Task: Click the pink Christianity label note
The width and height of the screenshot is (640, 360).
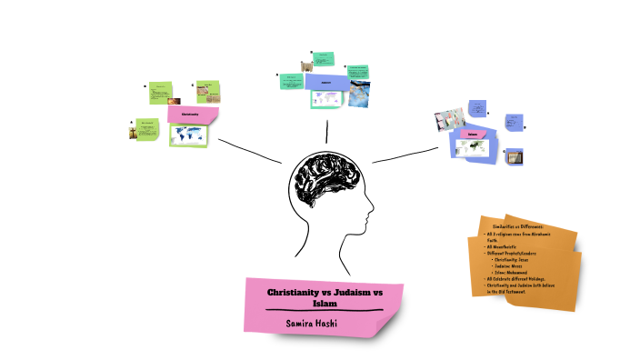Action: tap(192, 115)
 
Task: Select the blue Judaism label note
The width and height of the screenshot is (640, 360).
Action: tap(325, 82)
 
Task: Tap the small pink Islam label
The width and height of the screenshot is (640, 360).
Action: tap(473, 135)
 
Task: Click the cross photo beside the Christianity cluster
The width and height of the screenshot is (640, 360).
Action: tap(138, 131)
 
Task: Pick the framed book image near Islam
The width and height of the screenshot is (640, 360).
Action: tap(514, 156)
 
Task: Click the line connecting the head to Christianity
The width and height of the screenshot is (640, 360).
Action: tap(250, 151)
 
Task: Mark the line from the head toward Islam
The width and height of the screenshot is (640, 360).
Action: tap(405, 155)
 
